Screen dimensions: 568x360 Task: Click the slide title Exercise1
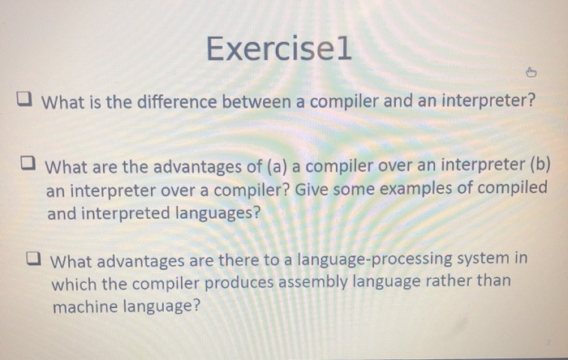pos(278,48)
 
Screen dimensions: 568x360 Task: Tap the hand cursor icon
pos(531,72)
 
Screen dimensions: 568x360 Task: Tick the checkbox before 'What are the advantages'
pos(28,163)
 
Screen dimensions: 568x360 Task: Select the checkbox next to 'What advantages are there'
pos(34,259)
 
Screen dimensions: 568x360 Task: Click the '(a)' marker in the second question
pos(277,167)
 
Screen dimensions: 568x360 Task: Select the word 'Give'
pos(312,189)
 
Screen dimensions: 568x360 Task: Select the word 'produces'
pos(239,284)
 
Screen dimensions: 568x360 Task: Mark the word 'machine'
pos(85,307)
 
